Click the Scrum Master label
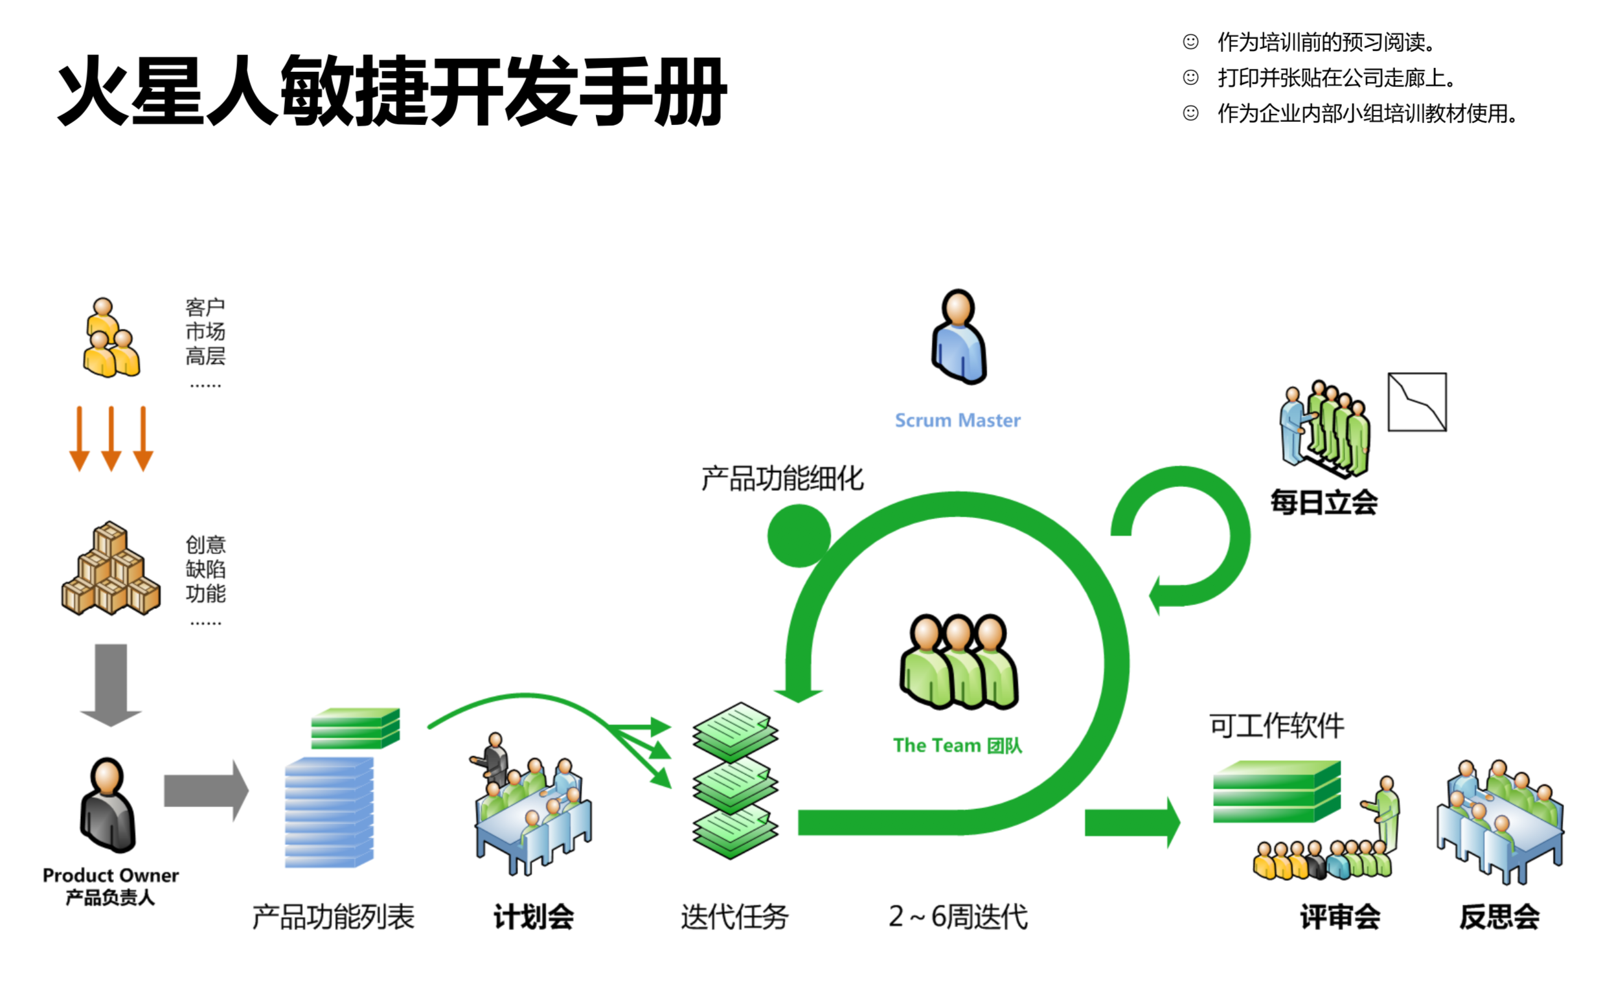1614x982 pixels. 957,420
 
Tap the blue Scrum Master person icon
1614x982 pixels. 959,337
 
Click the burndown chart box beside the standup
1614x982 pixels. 1416,402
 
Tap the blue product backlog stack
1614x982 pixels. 330,812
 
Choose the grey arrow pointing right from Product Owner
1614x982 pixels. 206,790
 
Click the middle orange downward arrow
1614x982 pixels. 111,438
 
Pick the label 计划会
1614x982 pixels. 533,917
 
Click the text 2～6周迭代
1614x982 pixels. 958,917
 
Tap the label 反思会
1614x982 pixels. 1499,917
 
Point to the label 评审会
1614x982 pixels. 1339,917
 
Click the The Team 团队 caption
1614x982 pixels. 957,746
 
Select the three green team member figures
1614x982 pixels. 959,661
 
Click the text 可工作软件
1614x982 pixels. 1276,726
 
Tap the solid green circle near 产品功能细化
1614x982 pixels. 799,535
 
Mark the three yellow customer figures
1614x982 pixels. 111,338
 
